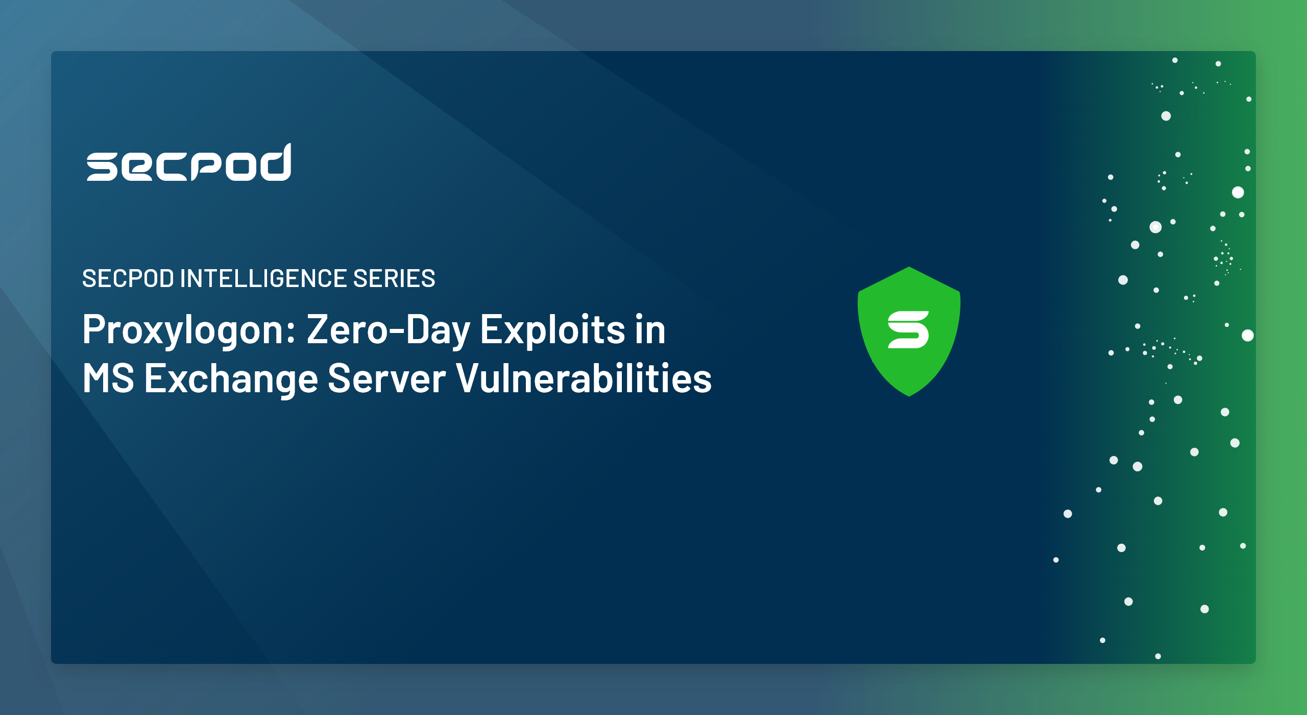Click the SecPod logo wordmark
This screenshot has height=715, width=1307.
(x=189, y=162)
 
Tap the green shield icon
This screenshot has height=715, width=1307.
(x=909, y=331)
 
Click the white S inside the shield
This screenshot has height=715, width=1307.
(x=909, y=330)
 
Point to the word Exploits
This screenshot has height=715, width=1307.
(x=553, y=330)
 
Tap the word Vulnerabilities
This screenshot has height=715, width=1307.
(x=584, y=378)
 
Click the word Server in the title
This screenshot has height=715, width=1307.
(x=386, y=378)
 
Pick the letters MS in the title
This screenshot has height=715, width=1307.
(x=108, y=378)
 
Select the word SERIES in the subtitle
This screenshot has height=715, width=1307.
(x=394, y=278)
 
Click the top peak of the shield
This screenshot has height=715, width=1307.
(x=909, y=267)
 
